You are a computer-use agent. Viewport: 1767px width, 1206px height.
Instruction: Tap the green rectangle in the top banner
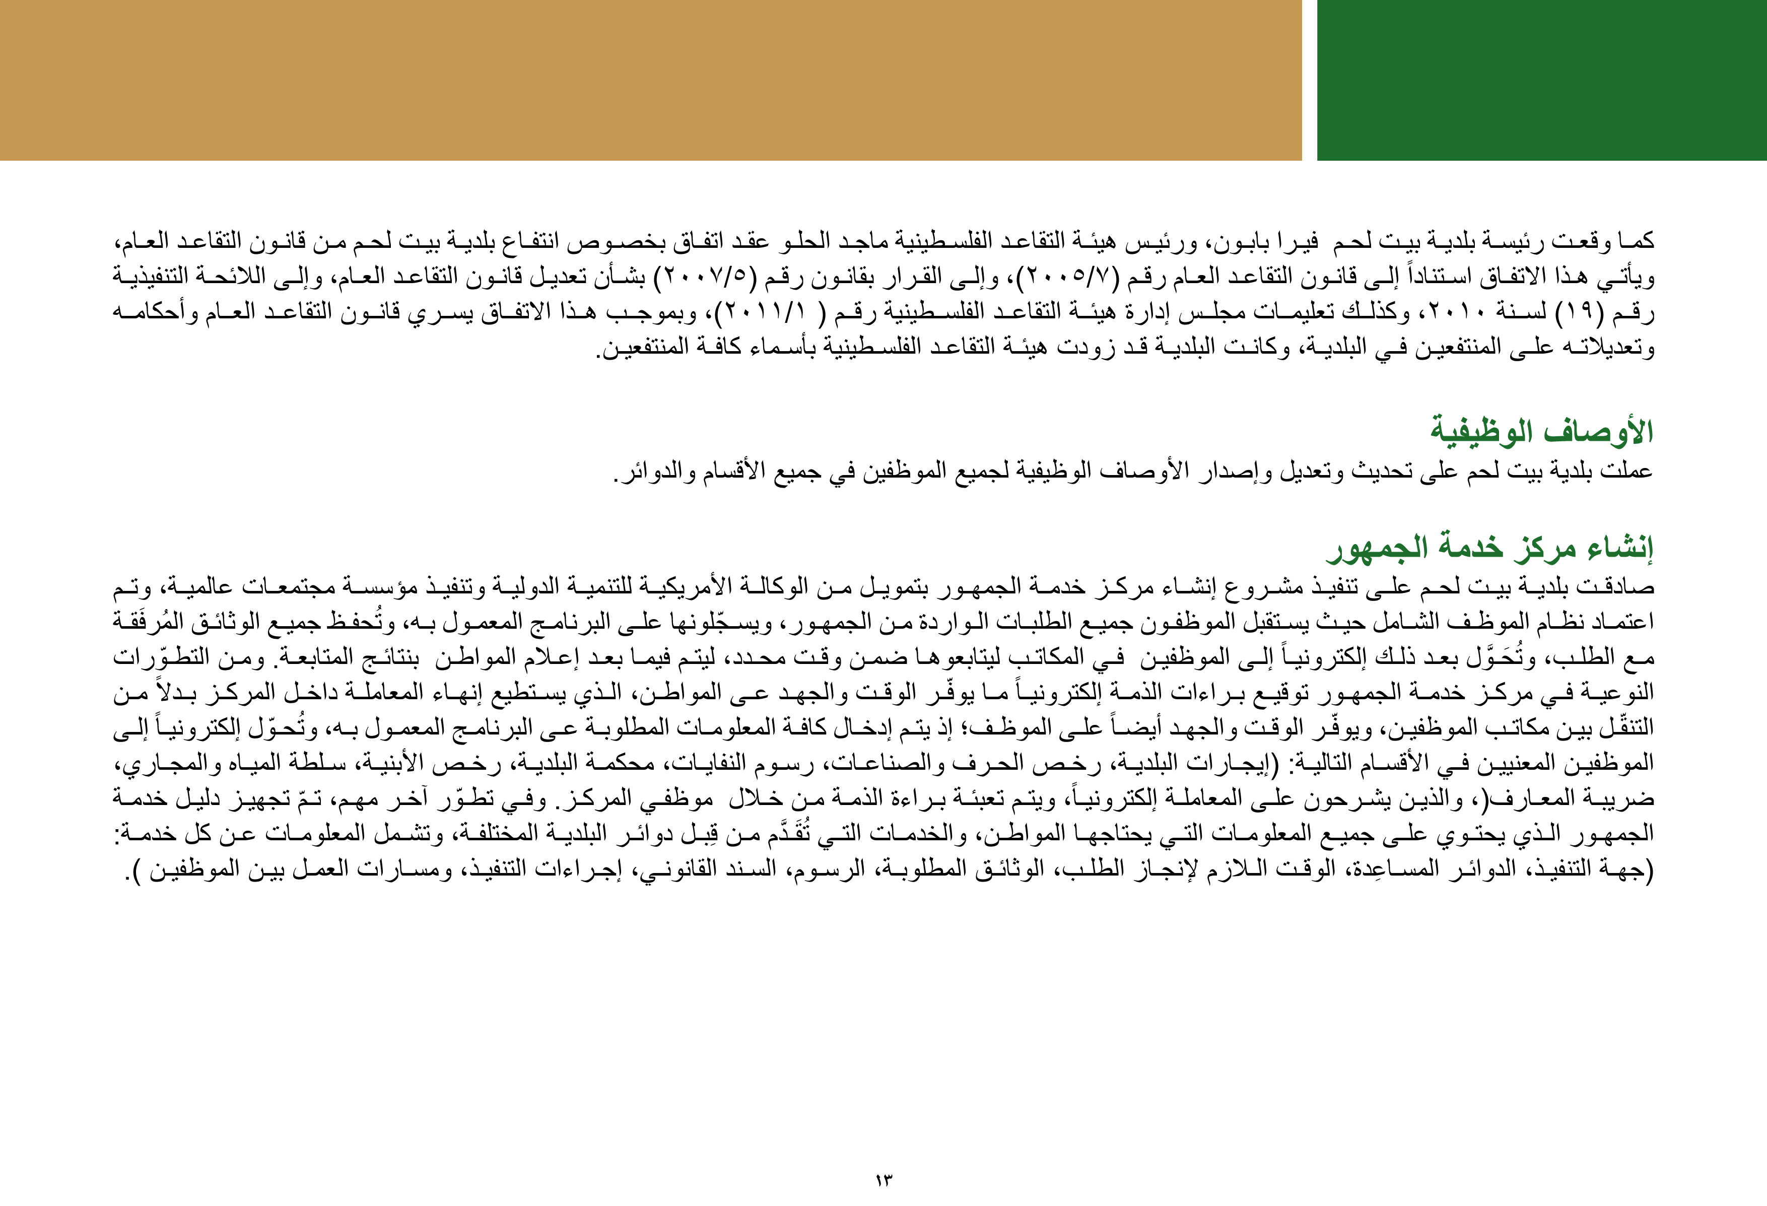[x=1541, y=80]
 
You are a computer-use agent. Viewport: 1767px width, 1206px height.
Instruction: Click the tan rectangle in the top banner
[x=650, y=80]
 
